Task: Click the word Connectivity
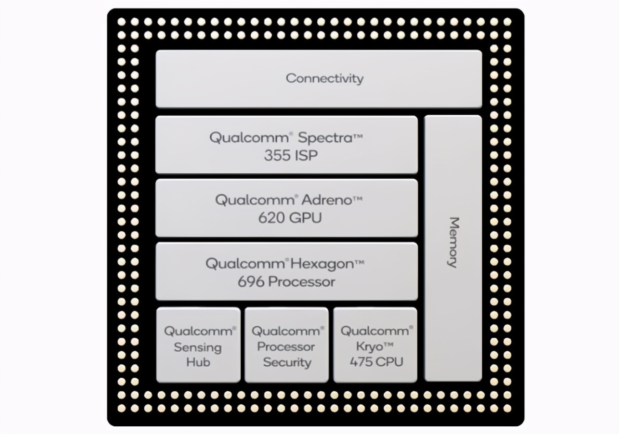pyautogui.click(x=325, y=79)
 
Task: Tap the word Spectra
pyautogui.click(x=325, y=138)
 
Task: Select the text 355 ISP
pyautogui.click(x=291, y=156)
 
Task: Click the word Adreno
pyautogui.click(x=327, y=200)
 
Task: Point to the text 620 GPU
pyautogui.click(x=290, y=218)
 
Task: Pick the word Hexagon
pyautogui.click(x=322, y=264)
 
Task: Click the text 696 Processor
pyautogui.click(x=286, y=282)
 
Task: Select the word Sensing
pyautogui.click(x=198, y=348)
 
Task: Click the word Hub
pyautogui.click(x=198, y=363)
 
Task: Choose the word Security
pyautogui.click(x=287, y=363)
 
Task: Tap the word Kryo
pyautogui.click(x=370, y=347)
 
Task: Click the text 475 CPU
pyautogui.click(x=376, y=362)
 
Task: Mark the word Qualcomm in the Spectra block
pyautogui.click(x=249, y=138)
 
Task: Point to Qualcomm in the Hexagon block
pyautogui.click(x=245, y=264)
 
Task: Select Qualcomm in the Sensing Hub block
pyautogui.click(x=198, y=331)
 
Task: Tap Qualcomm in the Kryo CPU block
pyautogui.click(x=375, y=331)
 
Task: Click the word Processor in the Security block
pyautogui.click(x=286, y=347)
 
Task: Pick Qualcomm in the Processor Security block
pyautogui.click(x=286, y=331)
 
